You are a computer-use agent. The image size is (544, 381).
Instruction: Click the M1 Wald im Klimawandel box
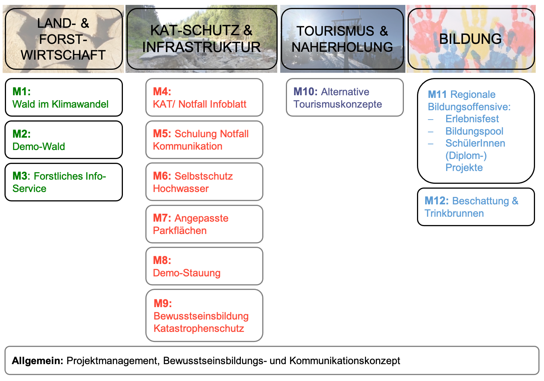64,97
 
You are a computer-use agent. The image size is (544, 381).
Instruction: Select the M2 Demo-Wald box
64,140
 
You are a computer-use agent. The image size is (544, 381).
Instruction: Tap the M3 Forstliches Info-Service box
64,182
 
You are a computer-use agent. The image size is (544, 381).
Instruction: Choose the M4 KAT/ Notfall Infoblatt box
204,97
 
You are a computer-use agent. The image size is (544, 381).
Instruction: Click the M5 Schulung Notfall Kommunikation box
204,140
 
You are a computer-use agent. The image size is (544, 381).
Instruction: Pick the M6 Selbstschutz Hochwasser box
204,182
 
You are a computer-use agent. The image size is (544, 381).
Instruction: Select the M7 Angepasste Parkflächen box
204,224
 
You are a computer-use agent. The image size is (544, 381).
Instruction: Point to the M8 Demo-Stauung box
204,266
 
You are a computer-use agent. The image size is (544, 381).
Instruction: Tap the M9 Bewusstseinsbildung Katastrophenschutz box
204,315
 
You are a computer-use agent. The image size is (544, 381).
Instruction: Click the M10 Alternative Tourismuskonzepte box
345,97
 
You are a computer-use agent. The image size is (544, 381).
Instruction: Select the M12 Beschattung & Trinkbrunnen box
476,207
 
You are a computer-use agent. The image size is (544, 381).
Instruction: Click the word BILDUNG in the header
471,39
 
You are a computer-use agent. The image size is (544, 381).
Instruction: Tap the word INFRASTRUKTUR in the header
201,47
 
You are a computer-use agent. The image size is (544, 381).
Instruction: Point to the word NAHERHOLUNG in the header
342,47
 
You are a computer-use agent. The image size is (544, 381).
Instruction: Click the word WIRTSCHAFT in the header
63,55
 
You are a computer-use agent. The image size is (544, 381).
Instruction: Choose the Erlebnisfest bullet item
472,119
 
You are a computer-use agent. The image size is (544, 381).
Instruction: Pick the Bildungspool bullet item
474,131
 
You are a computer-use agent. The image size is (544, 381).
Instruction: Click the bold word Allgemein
37,361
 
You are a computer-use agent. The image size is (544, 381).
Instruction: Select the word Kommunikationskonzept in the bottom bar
345,361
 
